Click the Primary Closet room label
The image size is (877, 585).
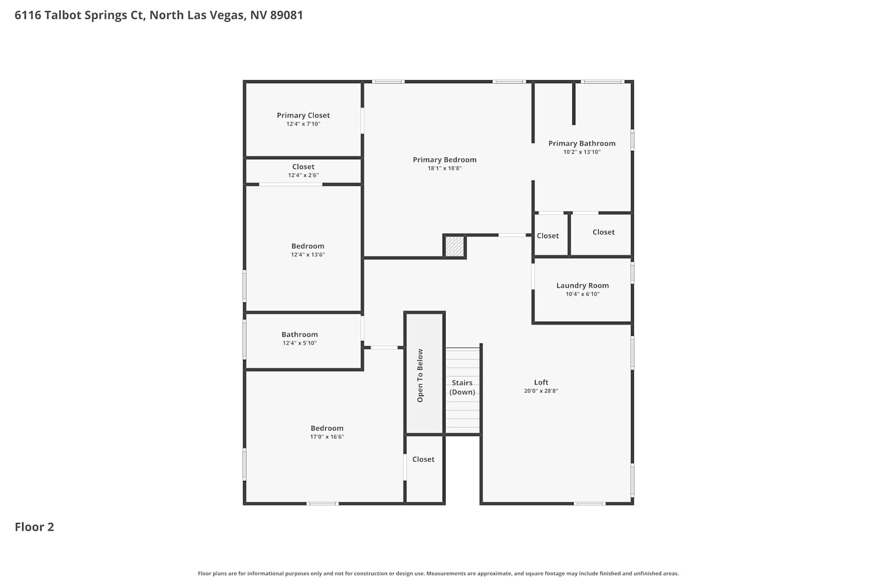click(x=303, y=115)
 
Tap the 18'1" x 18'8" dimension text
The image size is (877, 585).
click(x=444, y=168)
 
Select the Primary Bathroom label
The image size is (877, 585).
click(x=581, y=143)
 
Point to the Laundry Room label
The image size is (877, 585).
click(x=582, y=285)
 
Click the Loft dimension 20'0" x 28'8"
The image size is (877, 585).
click(x=541, y=391)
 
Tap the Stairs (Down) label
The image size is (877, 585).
click(x=462, y=387)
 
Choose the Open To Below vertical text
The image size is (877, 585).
click(x=420, y=376)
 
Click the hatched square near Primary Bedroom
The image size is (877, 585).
click(x=454, y=246)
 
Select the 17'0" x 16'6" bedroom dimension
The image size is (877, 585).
click(x=327, y=436)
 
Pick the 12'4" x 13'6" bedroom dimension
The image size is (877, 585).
click(x=308, y=254)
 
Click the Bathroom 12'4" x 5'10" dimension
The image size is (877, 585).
click(x=299, y=343)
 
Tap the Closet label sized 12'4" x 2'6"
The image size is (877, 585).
click(x=303, y=167)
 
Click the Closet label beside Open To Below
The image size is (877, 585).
click(x=423, y=459)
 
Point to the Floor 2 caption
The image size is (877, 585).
click(x=34, y=526)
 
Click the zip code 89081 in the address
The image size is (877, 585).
click(x=286, y=15)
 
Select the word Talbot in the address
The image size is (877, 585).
click(x=60, y=15)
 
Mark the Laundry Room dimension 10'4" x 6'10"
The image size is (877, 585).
click(x=582, y=294)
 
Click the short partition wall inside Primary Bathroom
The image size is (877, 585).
click(x=574, y=104)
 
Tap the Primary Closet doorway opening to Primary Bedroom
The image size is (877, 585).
click(x=362, y=121)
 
